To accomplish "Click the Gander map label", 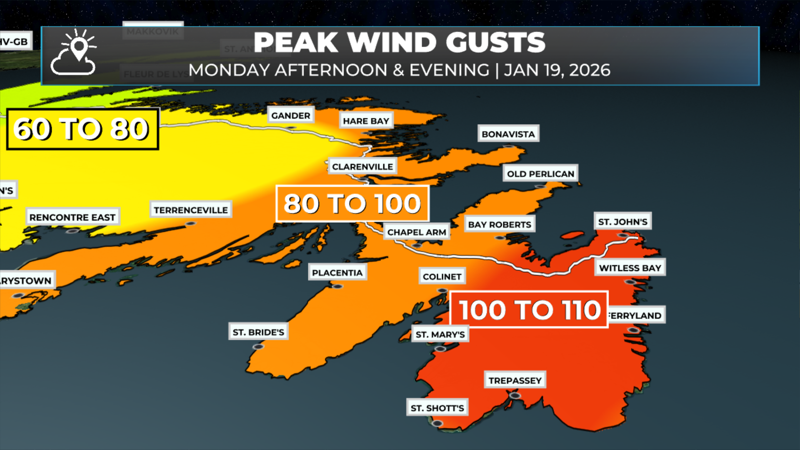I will coord(291,115).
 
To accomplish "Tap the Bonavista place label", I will coord(508,134).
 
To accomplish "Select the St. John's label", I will coord(622,222).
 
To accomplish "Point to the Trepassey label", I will coord(515,380).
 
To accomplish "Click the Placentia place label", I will coord(337,272).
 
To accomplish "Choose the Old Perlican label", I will coord(540,174).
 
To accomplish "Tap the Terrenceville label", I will coord(191,210).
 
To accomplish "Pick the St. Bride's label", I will coord(258,332).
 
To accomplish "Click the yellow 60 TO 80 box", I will coord(82,129).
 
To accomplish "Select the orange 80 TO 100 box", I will coord(352,204).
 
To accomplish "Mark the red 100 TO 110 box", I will coord(529,310).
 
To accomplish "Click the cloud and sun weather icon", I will coord(74,53).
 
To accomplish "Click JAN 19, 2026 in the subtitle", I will coord(557,70).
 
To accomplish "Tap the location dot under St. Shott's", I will coord(437,423).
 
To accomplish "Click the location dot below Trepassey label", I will coord(515,395).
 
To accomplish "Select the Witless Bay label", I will coord(630,268).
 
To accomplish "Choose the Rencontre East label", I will coord(72,217).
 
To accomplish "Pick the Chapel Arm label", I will coord(417,232).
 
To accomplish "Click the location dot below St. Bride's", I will coord(258,347).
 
